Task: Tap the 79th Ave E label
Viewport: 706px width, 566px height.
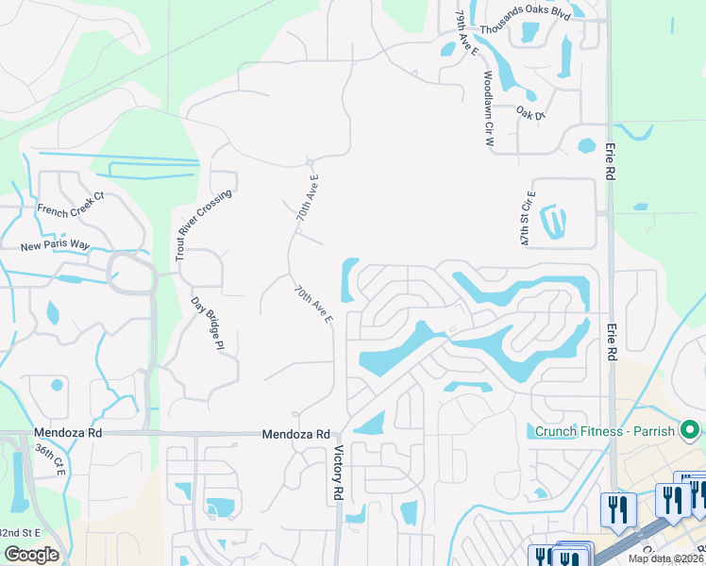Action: tap(462, 35)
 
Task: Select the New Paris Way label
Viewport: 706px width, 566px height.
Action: tap(55, 246)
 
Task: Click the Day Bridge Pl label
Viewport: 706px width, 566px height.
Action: tap(206, 324)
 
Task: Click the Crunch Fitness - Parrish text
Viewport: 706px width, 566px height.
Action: tap(604, 432)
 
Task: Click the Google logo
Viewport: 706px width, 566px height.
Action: tap(31, 555)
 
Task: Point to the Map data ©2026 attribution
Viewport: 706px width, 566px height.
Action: tap(665, 558)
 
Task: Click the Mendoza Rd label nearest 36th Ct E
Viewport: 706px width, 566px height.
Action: tap(67, 433)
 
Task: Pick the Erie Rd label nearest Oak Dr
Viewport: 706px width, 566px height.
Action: tap(611, 159)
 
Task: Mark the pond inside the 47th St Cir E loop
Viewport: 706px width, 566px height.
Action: tap(554, 222)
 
